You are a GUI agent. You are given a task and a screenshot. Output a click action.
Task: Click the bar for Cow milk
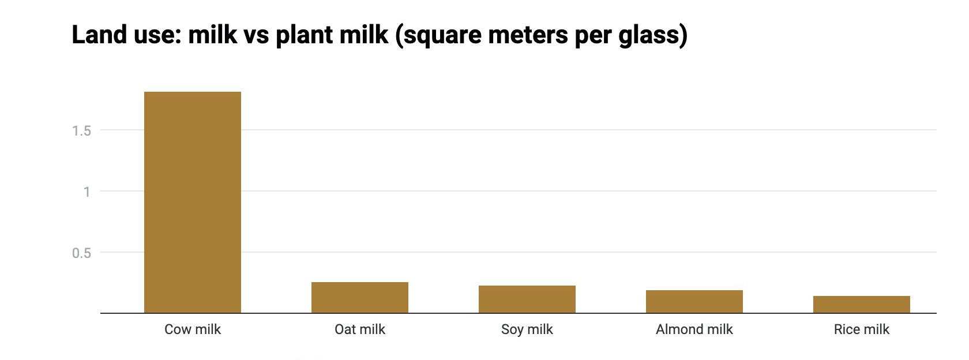pyautogui.click(x=192, y=202)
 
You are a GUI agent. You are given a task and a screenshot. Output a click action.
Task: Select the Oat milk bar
pyautogui.click(x=359, y=298)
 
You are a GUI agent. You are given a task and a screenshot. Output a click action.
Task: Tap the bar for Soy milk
pyautogui.click(x=527, y=299)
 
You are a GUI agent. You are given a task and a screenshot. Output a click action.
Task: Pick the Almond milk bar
pyautogui.click(x=694, y=302)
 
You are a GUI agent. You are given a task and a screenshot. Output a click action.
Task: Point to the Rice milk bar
pyautogui.click(x=861, y=305)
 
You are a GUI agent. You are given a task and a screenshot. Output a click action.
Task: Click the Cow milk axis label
pyautogui.click(x=192, y=329)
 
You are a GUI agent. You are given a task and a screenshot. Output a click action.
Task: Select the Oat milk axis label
pyautogui.click(x=359, y=329)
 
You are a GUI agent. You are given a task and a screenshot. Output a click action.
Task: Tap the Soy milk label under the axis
pyautogui.click(x=527, y=329)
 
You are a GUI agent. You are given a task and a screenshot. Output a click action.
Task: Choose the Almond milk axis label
pyautogui.click(x=694, y=329)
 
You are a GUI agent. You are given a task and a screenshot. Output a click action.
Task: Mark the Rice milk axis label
pyautogui.click(x=861, y=329)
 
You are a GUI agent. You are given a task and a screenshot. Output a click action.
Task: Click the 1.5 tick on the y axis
pyautogui.click(x=81, y=131)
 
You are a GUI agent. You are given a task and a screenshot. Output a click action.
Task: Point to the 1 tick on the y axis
pyautogui.click(x=87, y=192)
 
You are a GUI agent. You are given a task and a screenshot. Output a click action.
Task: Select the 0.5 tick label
pyautogui.click(x=81, y=253)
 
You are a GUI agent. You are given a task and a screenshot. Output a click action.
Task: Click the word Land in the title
pyautogui.click(x=96, y=35)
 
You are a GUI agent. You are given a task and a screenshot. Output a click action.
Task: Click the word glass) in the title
pyautogui.click(x=652, y=35)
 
